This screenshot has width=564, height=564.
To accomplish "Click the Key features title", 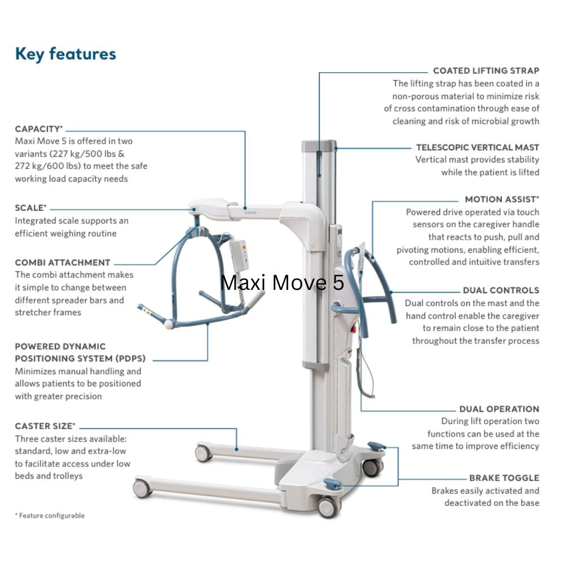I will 65,54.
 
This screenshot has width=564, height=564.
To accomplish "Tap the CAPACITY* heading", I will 39,129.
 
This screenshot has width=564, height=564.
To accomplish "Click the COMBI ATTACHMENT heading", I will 63,262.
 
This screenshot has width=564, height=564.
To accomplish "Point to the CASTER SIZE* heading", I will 45,426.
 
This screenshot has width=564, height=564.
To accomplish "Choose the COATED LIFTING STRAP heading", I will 486,70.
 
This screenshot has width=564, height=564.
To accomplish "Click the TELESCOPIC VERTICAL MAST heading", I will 477,147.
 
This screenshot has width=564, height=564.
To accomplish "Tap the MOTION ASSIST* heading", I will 501,199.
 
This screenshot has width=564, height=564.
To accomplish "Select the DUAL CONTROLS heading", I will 501,290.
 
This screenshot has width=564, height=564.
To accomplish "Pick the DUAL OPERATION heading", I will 499,409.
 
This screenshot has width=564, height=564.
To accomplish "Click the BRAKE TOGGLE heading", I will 504,478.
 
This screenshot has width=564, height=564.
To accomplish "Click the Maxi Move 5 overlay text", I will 282,282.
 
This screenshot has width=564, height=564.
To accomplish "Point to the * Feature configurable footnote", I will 50,515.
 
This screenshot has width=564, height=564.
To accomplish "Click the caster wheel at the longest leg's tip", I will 142,488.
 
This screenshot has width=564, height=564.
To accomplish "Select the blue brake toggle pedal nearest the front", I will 333,483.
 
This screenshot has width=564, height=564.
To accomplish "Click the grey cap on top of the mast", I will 319,146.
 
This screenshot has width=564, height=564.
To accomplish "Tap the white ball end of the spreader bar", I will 169,324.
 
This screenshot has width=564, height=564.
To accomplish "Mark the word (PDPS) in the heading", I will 130,359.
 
